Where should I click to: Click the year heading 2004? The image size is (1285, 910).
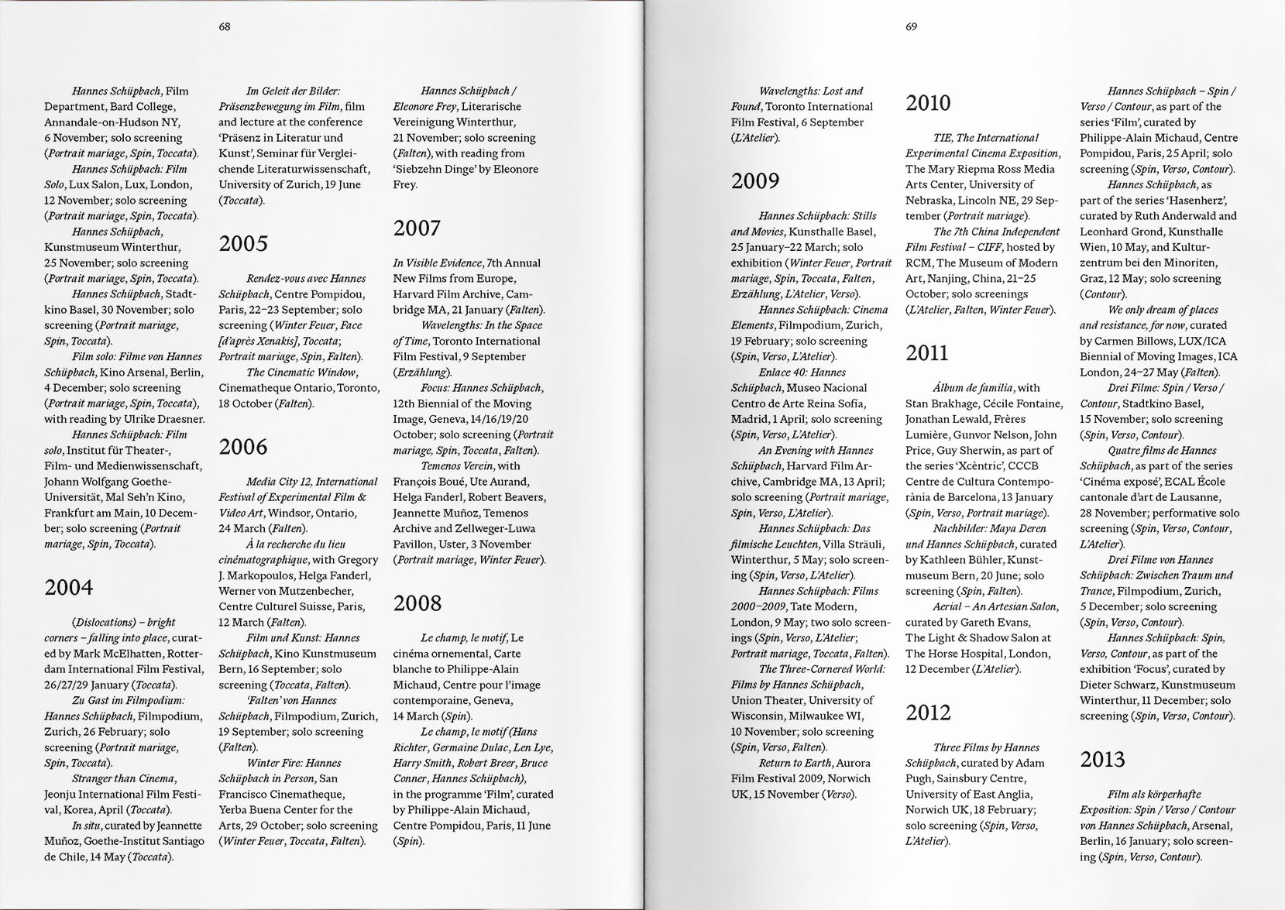click(x=69, y=588)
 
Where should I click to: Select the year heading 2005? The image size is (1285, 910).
click(x=243, y=244)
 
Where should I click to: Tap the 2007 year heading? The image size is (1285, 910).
click(x=417, y=228)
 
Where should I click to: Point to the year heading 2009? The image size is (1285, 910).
click(x=755, y=181)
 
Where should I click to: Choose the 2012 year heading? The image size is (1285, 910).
click(x=929, y=713)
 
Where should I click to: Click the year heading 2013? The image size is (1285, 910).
click(x=1103, y=760)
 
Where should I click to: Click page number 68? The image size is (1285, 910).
click(x=225, y=26)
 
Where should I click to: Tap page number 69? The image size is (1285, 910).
click(x=911, y=26)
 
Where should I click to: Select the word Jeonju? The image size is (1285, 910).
click(x=62, y=795)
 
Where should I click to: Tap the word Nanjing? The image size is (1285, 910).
click(x=948, y=279)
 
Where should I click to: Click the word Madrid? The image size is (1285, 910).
click(x=750, y=419)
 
